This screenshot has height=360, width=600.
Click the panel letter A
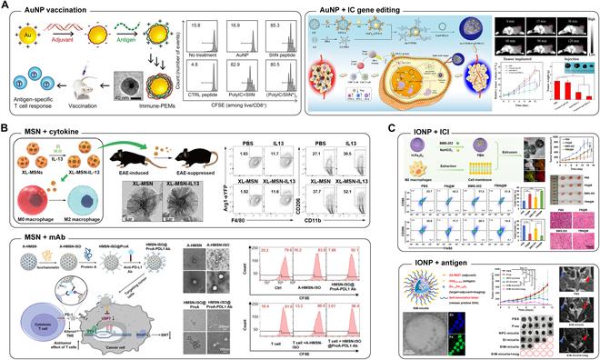[x=5, y=6]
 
